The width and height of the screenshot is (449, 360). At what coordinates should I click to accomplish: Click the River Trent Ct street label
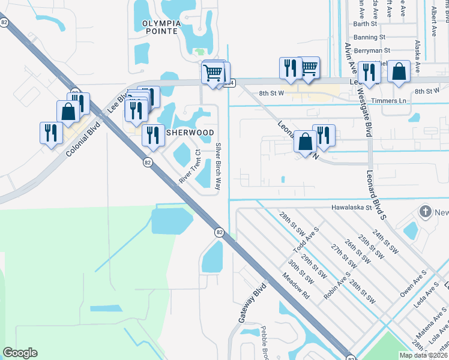click(x=190, y=166)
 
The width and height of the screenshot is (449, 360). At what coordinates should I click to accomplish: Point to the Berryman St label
click(x=372, y=51)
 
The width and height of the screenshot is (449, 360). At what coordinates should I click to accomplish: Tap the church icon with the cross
click(x=425, y=212)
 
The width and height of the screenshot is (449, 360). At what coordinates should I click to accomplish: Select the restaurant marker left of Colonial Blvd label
click(x=51, y=133)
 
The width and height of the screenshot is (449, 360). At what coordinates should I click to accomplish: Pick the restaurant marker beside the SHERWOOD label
click(x=153, y=135)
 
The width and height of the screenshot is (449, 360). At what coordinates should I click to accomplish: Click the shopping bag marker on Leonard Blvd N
click(x=305, y=142)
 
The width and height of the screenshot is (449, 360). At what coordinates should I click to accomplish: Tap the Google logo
click(x=20, y=353)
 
